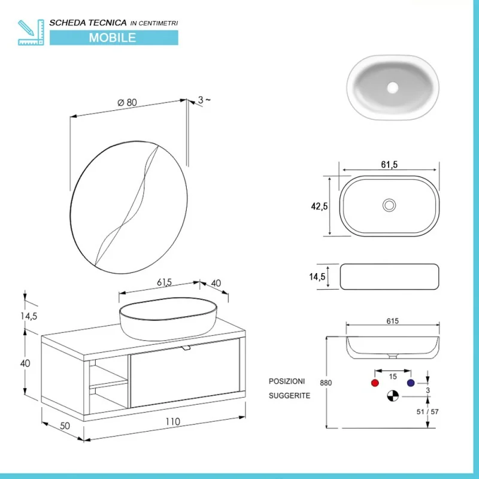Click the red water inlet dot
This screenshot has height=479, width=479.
coord(375,383)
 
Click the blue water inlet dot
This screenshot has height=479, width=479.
coord(411,383)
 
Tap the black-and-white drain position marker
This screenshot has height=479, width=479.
coord(393,396)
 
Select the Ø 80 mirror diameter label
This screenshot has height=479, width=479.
coord(127,102)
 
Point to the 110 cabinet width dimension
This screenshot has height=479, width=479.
coord(172,422)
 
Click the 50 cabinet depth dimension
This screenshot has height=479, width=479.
coord(65,426)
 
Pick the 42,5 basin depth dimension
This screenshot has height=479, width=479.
coord(319,207)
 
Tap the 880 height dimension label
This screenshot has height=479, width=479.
coord(326,383)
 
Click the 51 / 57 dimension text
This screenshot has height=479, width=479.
coord(428,412)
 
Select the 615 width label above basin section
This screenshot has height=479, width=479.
coord(393,321)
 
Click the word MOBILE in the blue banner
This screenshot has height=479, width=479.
coord(113,38)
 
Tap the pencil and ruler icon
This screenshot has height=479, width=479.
coord(31,32)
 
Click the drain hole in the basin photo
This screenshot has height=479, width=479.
coord(393,87)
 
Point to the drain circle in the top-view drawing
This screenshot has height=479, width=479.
coord(389,205)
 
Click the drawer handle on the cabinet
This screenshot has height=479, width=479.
coord(186,348)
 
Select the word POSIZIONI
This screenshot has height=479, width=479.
coord(287,381)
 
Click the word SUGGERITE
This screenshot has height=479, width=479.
coord(289,396)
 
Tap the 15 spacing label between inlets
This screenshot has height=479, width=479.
coord(393,377)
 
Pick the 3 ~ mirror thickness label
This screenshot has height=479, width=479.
coord(204,99)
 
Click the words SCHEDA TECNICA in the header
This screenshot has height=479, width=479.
coord(88,23)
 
